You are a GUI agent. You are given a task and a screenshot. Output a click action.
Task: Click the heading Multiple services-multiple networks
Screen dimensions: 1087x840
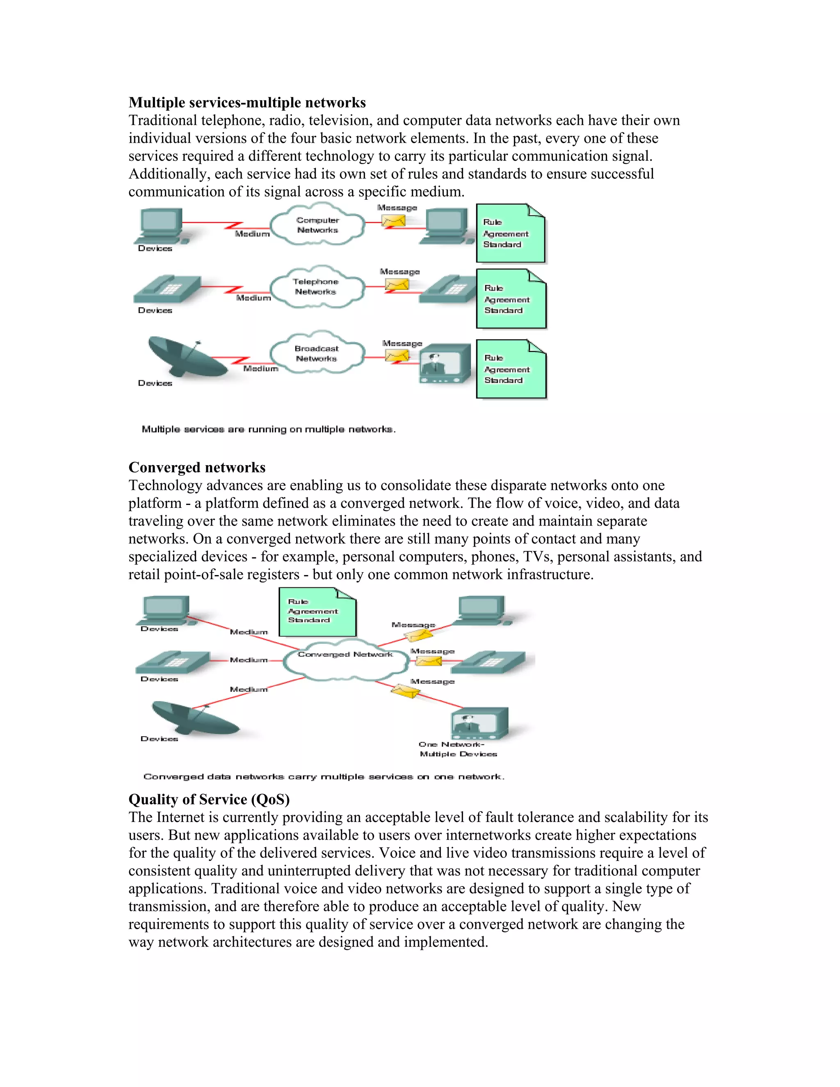pyautogui.click(x=247, y=103)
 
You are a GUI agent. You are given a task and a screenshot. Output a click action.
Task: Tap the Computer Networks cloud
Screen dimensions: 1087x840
pyautogui.click(x=317, y=225)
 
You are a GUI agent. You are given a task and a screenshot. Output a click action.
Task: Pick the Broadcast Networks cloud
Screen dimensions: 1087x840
pyautogui.click(x=317, y=353)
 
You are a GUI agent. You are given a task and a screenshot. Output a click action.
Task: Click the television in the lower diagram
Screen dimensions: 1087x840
pyautogui.click(x=479, y=723)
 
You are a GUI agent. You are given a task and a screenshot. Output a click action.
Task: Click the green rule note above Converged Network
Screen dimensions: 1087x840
pyautogui.click(x=317, y=612)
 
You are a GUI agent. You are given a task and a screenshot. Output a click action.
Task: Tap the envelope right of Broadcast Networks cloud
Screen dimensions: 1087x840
pyautogui.click(x=397, y=355)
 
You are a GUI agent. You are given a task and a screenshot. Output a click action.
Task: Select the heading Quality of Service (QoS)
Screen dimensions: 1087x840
pyautogui.click(x=209, y=799)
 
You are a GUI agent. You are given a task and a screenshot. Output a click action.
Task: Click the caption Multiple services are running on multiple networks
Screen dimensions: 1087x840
pyautogui.click(x=269, y=429)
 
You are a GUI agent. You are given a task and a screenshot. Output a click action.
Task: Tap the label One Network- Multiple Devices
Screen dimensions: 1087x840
pyautogui.click(x=458, y=749)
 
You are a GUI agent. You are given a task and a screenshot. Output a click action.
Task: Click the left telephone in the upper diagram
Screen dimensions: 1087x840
pyautogui.click(x=167, y=289)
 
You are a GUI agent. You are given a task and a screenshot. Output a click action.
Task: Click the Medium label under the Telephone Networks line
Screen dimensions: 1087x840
pyautogui.click(x=253, y=298)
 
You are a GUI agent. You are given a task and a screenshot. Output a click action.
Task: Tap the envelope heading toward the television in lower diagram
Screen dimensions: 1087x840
pyautogui.click(x=406, y=691)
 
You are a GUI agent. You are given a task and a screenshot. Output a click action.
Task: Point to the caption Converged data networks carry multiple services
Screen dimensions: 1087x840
pyautogui.click(x=324, y=776)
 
